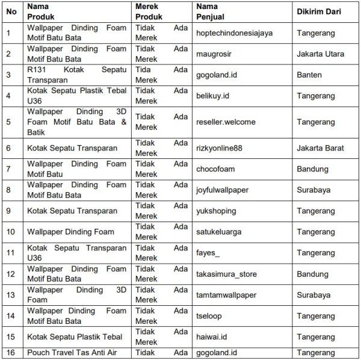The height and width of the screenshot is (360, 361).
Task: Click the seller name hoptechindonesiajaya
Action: [234, 33]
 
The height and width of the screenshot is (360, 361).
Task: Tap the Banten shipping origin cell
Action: [309, 75]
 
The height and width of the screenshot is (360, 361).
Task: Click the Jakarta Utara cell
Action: [321, 54]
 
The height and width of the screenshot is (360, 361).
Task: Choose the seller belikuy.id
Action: [213, 96]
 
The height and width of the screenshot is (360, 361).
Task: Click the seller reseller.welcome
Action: [226, 122]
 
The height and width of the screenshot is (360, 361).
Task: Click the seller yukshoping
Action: [216, 211]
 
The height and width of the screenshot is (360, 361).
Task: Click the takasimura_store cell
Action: [227, 275]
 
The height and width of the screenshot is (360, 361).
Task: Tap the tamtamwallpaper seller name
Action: [226, 296]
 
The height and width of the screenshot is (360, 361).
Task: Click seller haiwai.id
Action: [211, 338]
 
